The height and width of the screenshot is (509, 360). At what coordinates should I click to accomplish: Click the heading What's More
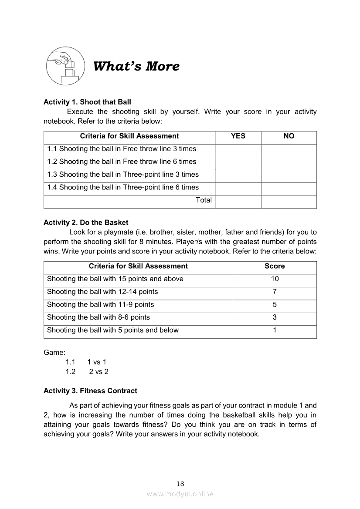pos(136,67)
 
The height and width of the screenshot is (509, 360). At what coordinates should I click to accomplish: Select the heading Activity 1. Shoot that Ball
pos(87,102)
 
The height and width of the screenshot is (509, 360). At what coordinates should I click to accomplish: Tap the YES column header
pos(238,136)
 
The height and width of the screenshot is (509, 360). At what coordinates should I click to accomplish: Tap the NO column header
pos(289,136)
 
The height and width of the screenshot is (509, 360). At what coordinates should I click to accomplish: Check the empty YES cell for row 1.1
pos(238,149)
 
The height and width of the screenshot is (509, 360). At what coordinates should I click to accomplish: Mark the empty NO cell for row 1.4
pos(289,188)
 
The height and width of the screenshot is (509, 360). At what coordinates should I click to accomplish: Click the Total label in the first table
pos(204,200)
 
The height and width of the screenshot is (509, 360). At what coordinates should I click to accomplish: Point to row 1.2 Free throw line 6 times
pos(122,162)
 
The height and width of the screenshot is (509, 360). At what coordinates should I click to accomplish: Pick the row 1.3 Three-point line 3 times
pos(123,175)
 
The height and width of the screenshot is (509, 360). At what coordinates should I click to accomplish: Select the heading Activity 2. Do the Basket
pos(86,222)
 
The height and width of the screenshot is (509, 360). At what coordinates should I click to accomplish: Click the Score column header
pos(275,266)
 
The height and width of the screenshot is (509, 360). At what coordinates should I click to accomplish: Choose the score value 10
pos(275,279)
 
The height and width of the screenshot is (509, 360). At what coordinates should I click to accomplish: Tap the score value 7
pos(275,292)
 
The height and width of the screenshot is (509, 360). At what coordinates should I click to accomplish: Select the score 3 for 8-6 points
pos(275,317)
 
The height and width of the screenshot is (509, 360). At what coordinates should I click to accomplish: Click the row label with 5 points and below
pos(113,330)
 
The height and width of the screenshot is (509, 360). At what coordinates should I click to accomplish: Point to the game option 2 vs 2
pos(99,372)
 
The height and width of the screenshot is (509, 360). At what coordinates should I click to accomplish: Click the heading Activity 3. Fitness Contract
pos(90,391)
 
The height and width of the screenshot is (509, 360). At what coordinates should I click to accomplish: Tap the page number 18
pos(180,484)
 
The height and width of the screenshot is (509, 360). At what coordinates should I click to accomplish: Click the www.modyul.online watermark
pos(180,494)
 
